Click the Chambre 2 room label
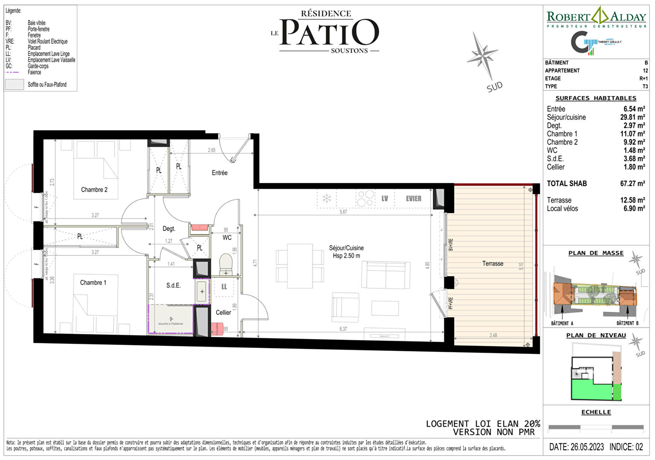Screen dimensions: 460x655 tap(94, 190)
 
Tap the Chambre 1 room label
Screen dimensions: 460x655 tap(93, 282)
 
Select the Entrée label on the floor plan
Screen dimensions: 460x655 tap(220, 172)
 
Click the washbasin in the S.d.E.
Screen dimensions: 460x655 tap(202, 292)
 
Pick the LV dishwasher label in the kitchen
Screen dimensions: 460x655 tap(385, 198)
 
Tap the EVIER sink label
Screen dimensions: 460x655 tap(413, 198)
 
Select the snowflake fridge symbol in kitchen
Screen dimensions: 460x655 tap(327, 198)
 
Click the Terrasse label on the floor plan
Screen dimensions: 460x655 tap(493, 264)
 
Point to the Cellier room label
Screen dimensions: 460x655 tap(223, 312)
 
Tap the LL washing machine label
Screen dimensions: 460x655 tap(224, 287)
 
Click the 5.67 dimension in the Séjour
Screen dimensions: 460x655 tap(343, 212)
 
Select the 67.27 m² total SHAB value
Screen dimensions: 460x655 tap(632, 184)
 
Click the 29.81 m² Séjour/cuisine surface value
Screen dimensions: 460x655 tap(632, 117)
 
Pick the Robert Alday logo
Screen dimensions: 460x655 tap(596, 17)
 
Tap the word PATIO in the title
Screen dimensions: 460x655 tap(329, 33)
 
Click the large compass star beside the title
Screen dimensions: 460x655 tap(482, 55)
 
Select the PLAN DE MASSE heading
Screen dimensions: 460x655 tap(596, 253)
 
